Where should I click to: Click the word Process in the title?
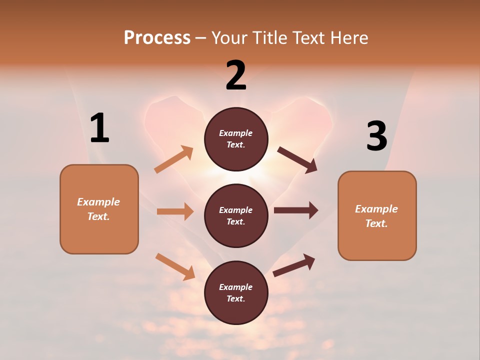157,37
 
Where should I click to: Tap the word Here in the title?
347,37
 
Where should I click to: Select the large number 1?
99,128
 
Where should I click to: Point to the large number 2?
236,75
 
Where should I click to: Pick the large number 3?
376,136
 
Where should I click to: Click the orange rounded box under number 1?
99,209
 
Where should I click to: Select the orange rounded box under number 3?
377,216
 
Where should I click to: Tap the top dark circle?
236,139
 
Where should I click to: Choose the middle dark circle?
236,215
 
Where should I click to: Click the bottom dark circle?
236,292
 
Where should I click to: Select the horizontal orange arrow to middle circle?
175,211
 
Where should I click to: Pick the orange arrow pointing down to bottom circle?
175,266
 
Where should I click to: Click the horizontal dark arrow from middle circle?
296,210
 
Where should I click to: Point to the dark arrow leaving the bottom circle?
294,265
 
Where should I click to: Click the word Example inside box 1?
98,202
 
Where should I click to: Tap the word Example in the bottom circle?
235,287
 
